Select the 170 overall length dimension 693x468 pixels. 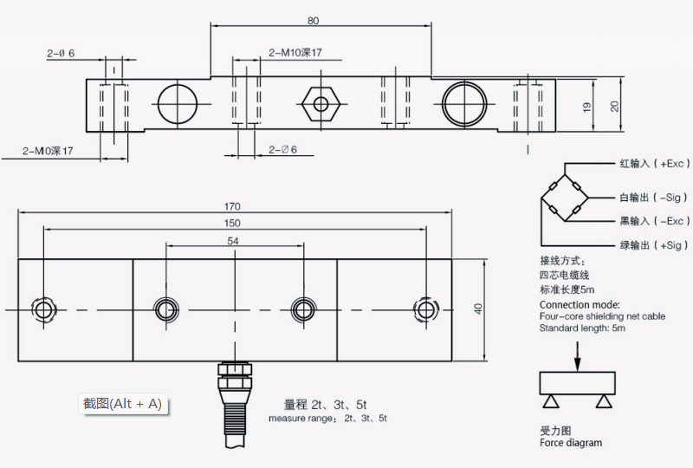pos(232,206)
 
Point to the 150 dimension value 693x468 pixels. pos(232,224)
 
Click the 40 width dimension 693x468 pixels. pos(477,309)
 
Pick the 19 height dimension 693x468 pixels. pos(587,107)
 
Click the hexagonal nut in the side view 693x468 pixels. pos(321,105)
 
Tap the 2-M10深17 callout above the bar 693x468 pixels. pos(295,53)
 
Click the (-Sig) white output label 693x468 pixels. pos(654,198)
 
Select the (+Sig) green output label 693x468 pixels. pos(654,245)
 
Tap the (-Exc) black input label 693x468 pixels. pos(654,221)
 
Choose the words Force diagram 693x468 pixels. pos(570,443)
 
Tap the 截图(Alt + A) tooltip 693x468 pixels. pos(122,404)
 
